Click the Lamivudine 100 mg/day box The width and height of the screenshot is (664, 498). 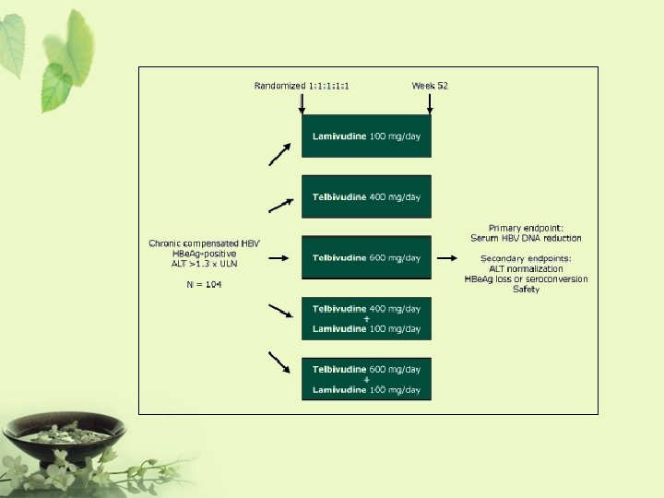366,136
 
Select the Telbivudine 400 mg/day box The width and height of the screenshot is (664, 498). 366,196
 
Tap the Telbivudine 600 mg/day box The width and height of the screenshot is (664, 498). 366,257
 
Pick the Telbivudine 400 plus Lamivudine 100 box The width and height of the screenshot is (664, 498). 366,318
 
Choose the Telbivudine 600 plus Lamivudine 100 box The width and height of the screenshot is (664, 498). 366,379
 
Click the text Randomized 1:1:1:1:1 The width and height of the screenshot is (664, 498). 308,86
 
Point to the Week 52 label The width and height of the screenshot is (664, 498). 430,86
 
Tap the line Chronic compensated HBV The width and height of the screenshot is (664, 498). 204,243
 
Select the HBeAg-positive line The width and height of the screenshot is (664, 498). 204,254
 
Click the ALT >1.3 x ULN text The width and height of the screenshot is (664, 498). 204,264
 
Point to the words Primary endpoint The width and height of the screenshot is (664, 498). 526,228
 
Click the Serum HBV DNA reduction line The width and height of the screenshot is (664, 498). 526,238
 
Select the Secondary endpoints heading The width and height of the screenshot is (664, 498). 526,258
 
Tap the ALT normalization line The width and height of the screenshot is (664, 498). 526,268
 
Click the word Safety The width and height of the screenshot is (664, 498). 526,290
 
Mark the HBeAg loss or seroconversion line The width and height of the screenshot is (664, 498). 526,279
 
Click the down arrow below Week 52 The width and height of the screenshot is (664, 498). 430,103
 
